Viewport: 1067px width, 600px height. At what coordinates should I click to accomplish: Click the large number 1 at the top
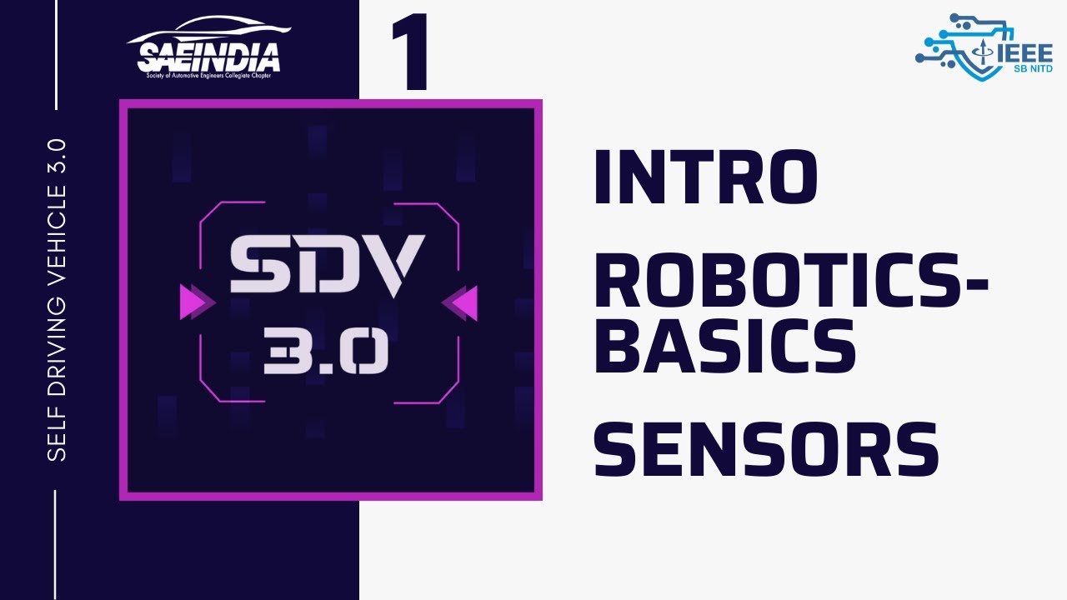point(410,52)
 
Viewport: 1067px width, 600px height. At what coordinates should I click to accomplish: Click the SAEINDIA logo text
point(208,57)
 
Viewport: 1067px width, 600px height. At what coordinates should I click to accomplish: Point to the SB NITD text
point(1033,69)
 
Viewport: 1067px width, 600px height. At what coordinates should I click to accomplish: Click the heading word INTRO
point(705,177)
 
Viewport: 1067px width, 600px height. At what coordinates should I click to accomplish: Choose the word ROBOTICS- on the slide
point(791,281)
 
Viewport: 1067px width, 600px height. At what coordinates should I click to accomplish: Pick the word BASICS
point(724,345)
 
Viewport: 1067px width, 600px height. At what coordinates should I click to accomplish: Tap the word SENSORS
point(766,449)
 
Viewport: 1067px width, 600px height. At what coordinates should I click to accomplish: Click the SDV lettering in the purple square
point(328,264)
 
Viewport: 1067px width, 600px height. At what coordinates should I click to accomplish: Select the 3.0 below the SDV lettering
point(326,352)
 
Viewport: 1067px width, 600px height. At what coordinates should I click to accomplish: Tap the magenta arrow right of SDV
point(459,302)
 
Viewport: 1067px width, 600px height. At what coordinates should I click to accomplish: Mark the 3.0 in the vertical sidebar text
point(57,156)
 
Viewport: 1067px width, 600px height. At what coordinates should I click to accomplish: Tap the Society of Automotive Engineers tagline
point(208,76)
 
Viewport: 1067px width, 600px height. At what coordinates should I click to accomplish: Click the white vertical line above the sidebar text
point(56,55)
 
